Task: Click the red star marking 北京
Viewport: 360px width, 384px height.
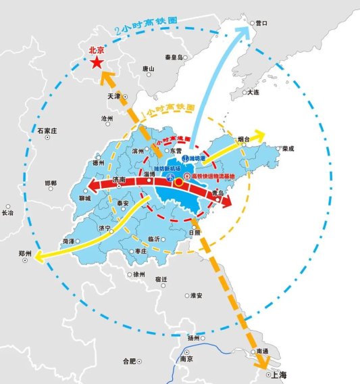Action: click(98, 62)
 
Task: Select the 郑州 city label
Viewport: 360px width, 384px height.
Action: click(25, 254)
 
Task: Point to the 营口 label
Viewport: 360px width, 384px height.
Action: click(262, 23)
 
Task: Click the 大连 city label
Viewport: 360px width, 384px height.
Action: click(253, 92)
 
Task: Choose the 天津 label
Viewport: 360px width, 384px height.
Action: click(113, 97)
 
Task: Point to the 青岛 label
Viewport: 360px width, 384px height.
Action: click(217, 193)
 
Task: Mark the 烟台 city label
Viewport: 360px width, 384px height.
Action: click(244, 139)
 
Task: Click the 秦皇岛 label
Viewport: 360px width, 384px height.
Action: click(175, 57)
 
